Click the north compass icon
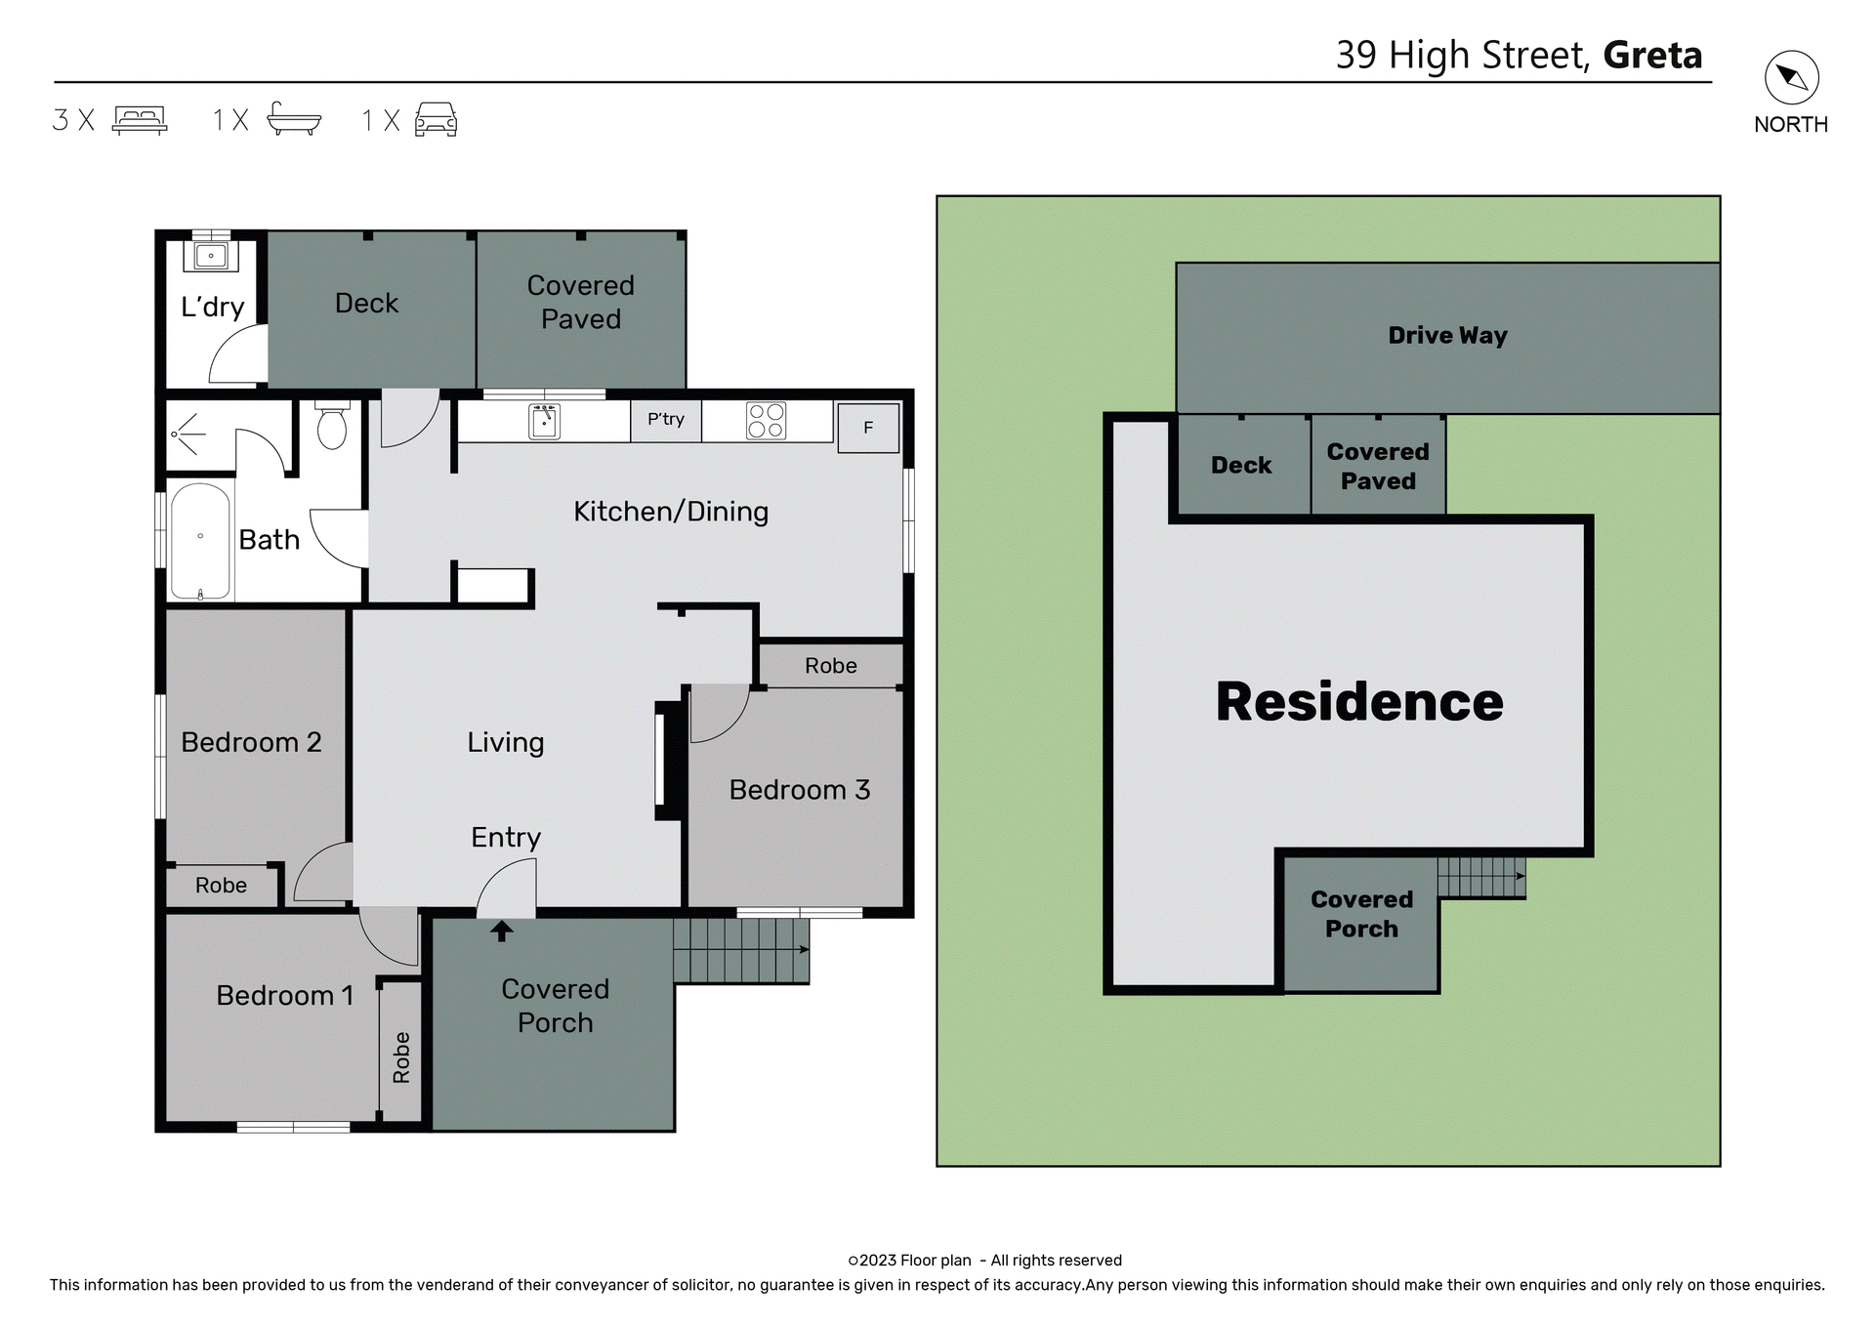(x=1791, y=78)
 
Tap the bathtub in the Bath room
(x=200, y=540)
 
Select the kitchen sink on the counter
(x=544, y=422)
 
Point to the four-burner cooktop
(x=766, y=421)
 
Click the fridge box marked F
(x=868, y=428)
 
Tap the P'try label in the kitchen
(x=666, y=419)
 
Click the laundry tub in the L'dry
(x=211, y=256)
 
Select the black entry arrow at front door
(x=501, y=932)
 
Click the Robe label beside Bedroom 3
(x=831, y=666)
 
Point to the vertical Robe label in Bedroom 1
(x=401, y=1057)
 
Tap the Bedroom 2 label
(x=251, y=742)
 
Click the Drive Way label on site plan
(x=1447, y=336)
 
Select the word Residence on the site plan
(x=1359, y=702)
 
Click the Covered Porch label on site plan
(x=1361, y=914)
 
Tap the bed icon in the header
(x=140, y=120)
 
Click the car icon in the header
(x=436, y=119)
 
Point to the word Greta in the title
(x=1652, y=56)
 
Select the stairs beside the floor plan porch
(x=740, y=950)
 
